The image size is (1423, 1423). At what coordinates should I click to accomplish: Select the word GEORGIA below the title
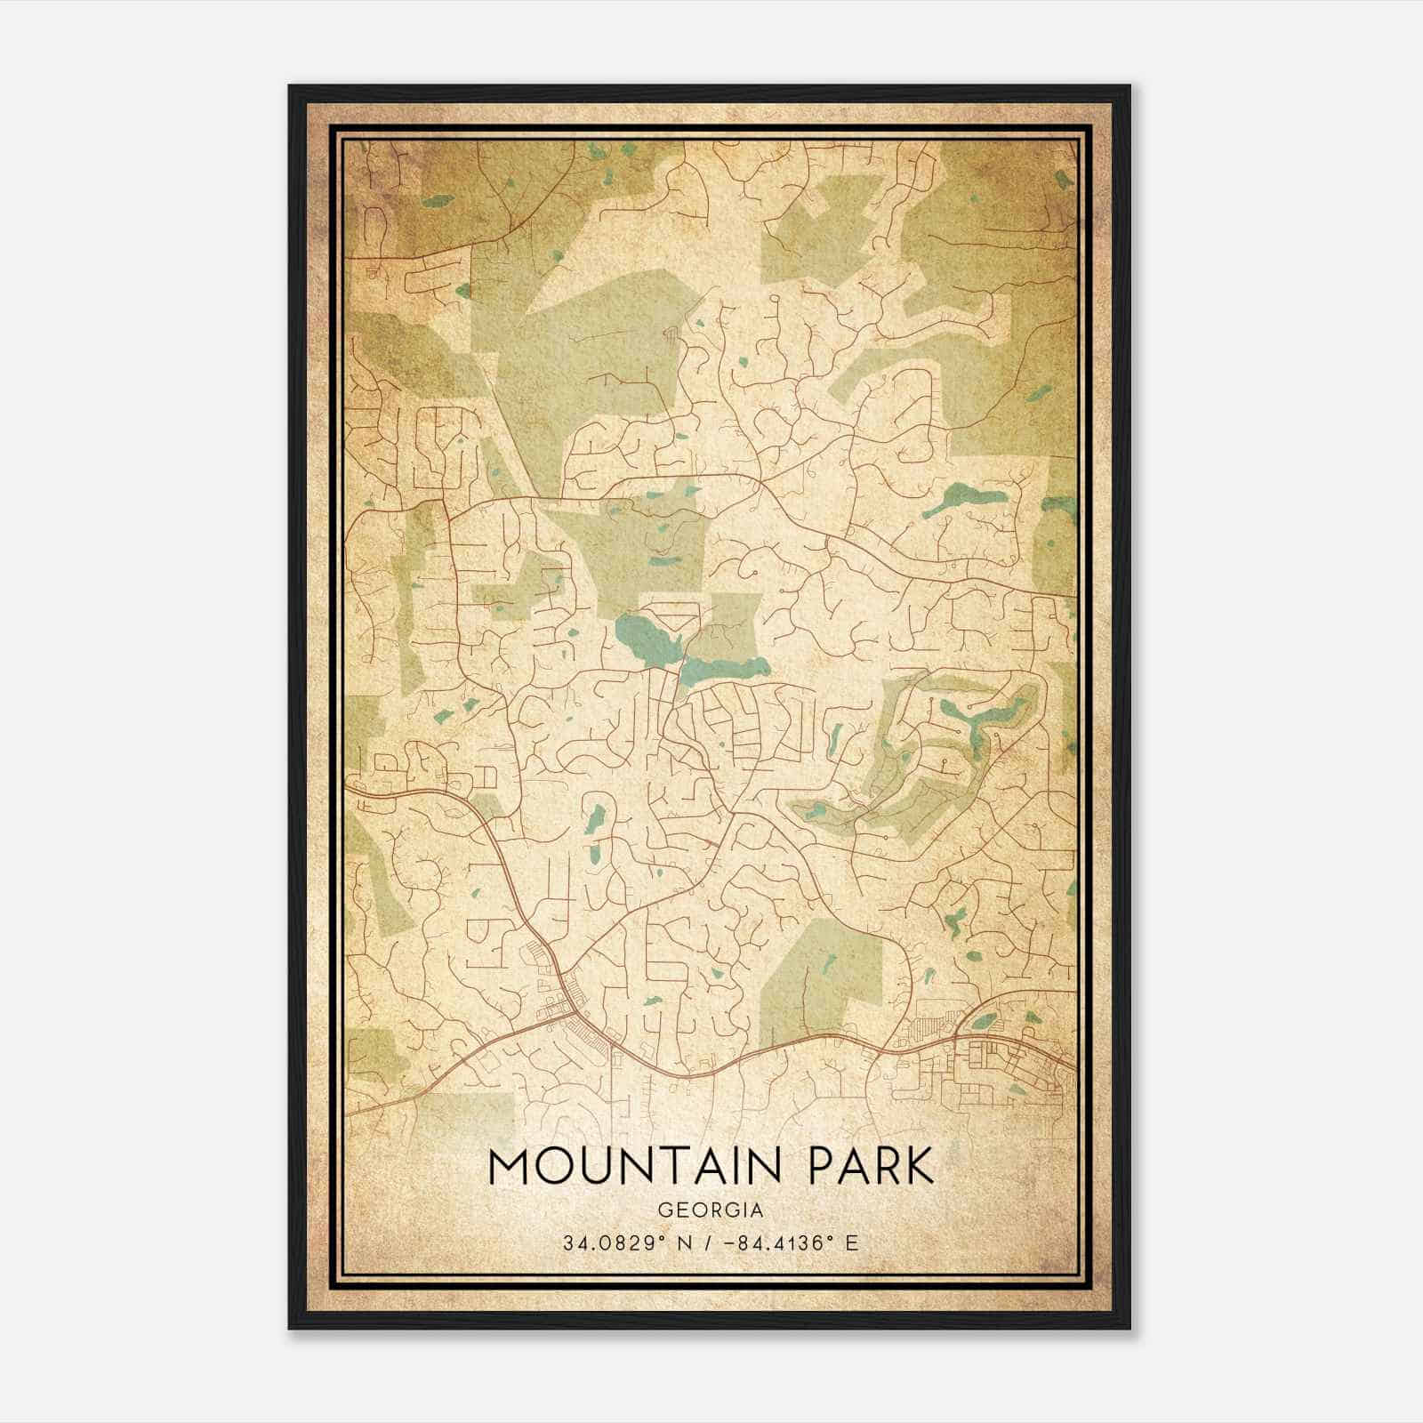[711, 1210]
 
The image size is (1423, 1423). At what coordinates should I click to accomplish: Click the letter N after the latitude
[683, 1242]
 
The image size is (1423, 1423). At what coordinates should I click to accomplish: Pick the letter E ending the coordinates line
[852, 1242]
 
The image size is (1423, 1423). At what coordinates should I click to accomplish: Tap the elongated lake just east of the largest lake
[725, 668]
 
